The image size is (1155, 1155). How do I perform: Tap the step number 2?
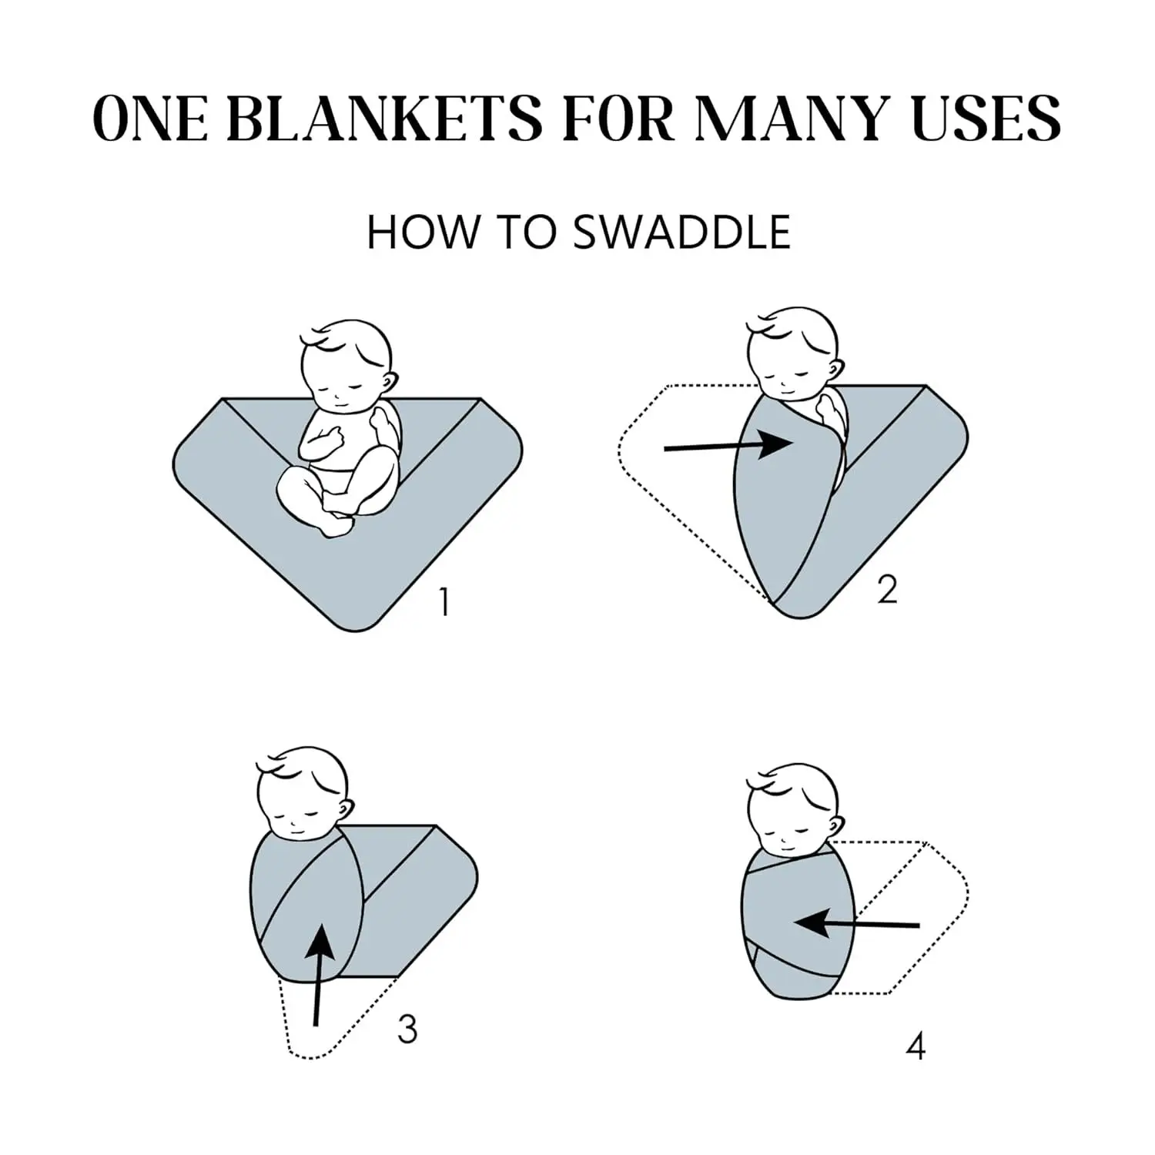point(887,590)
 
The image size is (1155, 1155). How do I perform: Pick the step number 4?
point(916,1046)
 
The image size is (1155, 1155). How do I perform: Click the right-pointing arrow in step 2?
point(728,445)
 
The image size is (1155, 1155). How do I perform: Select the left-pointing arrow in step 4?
point(857,922)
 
